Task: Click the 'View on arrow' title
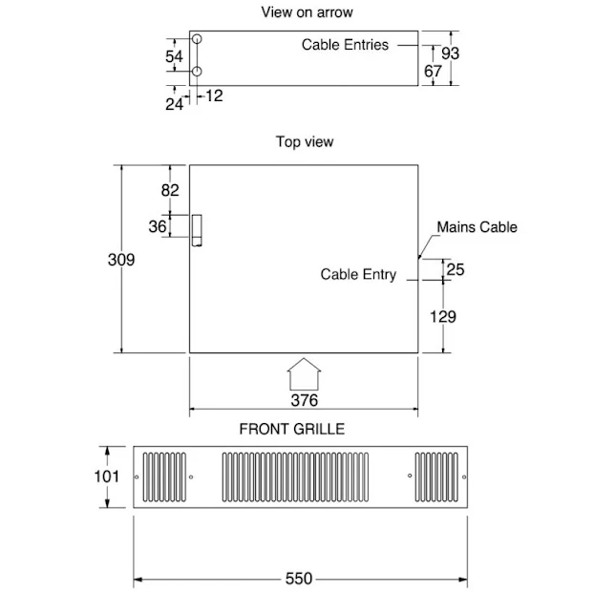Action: (x=306, y=12)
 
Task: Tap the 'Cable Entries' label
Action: (x=345, y=45)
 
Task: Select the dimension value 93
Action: (x=450, y=53)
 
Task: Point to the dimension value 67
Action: (x=433, y=71)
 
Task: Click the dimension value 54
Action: (x=174, y=56)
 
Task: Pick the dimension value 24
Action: (x=174, y=104)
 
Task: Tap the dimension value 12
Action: (x=213, y=95)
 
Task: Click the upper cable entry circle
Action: (x=197, y=41)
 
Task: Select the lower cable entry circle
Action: (x=197, y=73)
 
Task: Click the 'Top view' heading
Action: (x=305, y=142)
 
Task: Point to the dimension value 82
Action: (x=170, y=190)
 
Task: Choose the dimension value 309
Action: (x=120, y=260)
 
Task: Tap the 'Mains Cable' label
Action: (x=476, y=227)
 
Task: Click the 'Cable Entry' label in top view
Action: (x=358, y=275)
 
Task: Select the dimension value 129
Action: (x=442, y=317)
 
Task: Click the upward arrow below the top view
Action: (x=304, y=372)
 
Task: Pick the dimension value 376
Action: (x=304, y=400)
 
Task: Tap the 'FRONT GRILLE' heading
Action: (x=292, y=429)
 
